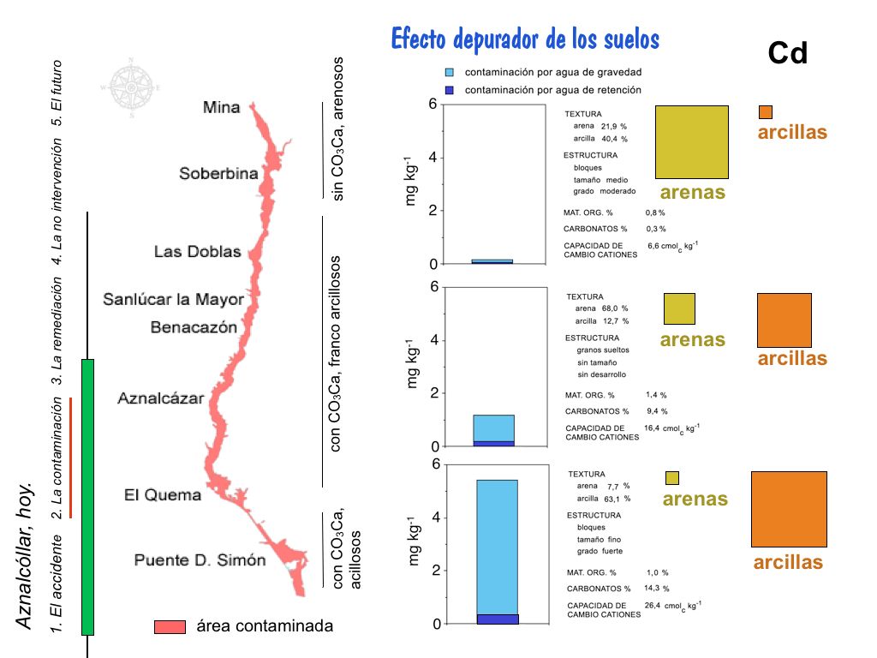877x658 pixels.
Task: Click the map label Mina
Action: (221, 108)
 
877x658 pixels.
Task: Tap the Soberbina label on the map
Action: (218, 174)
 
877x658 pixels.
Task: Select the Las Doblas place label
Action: (197, 252)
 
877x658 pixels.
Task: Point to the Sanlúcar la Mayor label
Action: (174, 300)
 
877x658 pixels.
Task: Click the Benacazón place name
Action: (194, 326)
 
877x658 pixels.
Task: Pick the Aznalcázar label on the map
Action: (161, 398)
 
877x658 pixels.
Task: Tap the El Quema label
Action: (163, 494)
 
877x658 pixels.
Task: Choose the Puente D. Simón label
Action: (200, 560)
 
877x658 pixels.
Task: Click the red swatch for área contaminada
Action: (170, 626)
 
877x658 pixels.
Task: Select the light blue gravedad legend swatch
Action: (450, 73)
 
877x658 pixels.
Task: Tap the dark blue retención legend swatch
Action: (450, 90)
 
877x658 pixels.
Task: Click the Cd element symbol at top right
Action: (787, 54)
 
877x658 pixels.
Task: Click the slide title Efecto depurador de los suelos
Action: (525, 39)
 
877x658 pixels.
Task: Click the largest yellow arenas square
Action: (691, 142)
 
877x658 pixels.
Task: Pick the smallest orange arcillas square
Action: (766, 112)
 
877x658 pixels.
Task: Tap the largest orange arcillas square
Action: (789, 509)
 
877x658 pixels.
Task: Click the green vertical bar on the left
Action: (87, 497)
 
